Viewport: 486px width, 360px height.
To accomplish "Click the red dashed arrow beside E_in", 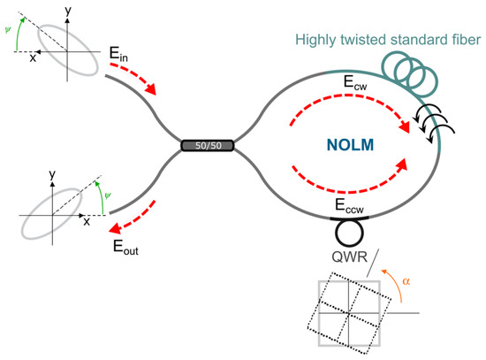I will click(134, 78).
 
